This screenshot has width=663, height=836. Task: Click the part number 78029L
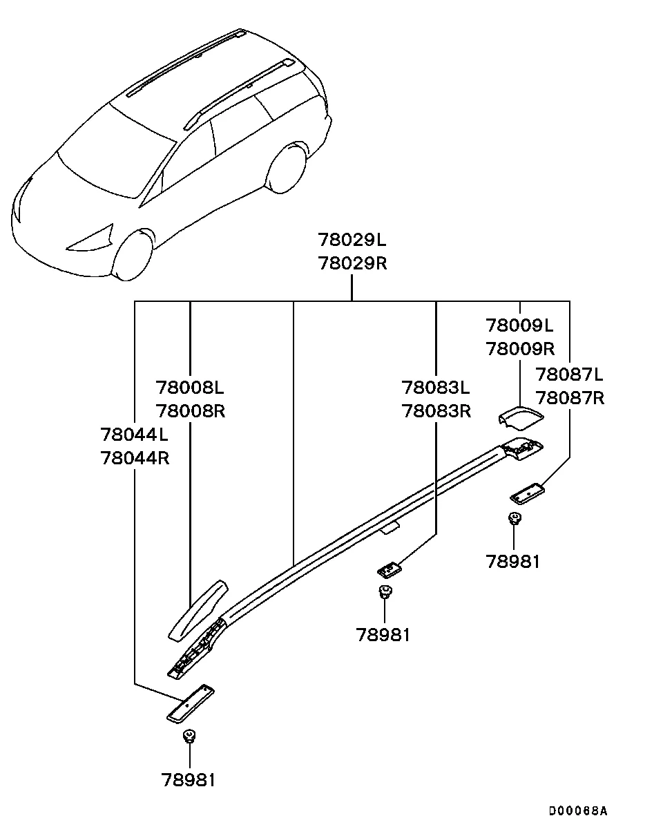352,240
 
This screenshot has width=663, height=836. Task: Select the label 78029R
352,264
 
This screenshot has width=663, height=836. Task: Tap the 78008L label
190,387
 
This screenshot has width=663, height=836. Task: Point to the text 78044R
135,457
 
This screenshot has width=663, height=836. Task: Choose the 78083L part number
436,387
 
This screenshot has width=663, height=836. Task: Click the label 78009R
520,348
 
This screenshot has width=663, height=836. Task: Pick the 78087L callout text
570,374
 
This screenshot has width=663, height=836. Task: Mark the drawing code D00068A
578,810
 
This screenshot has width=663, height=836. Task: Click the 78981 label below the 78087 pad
512,561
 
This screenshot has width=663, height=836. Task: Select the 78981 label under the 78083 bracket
383,634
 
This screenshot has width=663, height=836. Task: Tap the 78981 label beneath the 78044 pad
189,780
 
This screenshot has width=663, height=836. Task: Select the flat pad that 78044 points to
191,703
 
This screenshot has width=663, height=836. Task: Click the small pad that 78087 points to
527,493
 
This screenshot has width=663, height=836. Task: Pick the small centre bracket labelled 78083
390,569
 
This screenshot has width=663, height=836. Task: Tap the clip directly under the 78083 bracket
384,591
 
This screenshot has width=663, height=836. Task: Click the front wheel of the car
133,254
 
